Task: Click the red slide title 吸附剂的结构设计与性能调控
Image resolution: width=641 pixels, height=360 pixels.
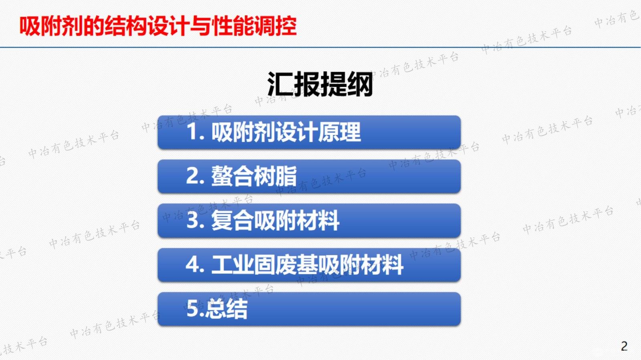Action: click(158, 26)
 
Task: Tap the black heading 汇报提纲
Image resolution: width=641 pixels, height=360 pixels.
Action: click(320, 84)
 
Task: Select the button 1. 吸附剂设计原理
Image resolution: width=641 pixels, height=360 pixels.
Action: click(309, 133)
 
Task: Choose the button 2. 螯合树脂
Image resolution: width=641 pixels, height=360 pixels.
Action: click(309, 177)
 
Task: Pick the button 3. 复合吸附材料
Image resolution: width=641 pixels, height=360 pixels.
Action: click(309, 221)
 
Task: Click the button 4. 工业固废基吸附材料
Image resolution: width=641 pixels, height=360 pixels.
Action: click(309, 265)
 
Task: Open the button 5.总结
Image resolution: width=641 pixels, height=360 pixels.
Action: click(309, 309)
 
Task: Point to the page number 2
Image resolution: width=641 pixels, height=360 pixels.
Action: click(624, 346)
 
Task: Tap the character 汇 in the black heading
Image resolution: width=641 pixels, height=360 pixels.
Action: click(280, 84)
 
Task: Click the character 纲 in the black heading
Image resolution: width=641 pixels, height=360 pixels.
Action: click(360, 84)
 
